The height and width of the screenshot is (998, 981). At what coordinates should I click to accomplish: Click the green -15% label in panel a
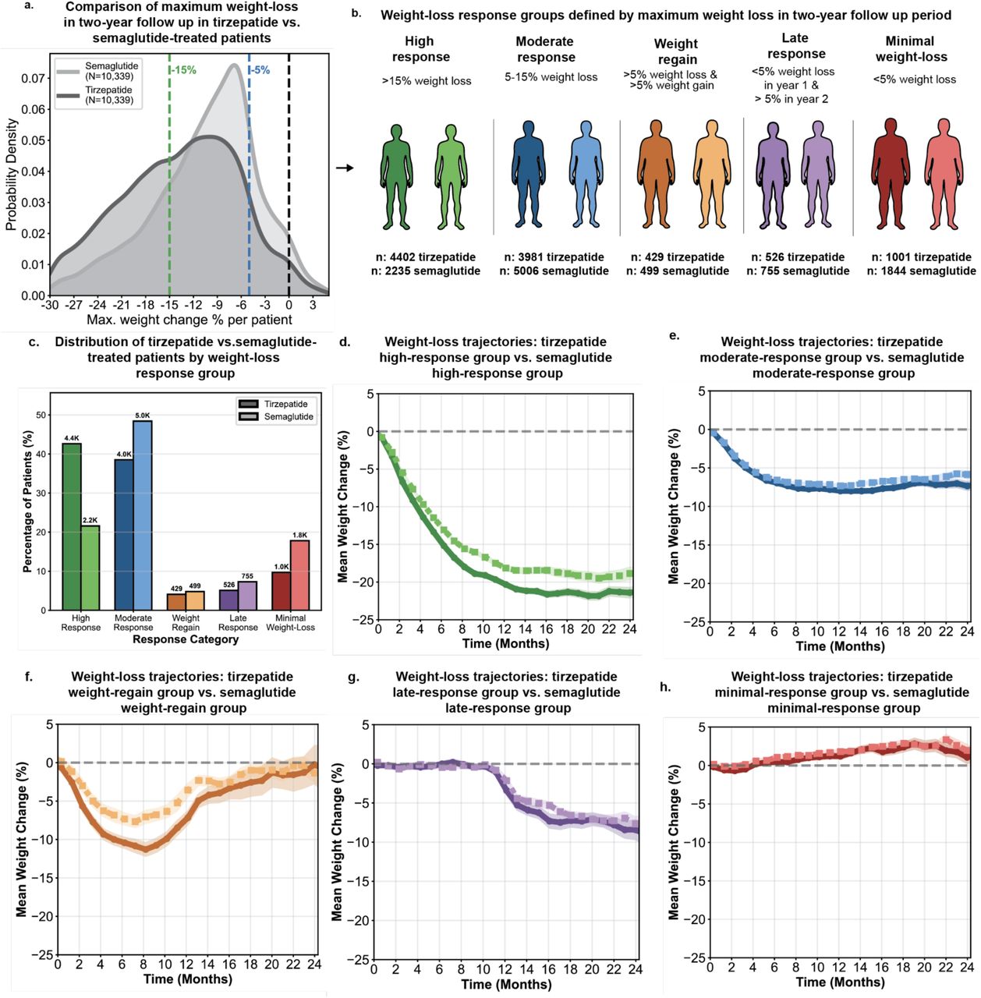184,70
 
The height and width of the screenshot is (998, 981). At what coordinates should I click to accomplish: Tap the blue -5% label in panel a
260,70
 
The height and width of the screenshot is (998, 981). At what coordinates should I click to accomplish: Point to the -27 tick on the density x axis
73,305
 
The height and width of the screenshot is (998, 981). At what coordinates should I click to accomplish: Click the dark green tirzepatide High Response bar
72,527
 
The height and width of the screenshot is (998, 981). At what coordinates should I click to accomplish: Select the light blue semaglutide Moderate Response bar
143,515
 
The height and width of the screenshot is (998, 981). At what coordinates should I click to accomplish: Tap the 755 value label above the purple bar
247,576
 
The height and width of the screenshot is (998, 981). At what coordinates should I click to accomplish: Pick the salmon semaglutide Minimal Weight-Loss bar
300,575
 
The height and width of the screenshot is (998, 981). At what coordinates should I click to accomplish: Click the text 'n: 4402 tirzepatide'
426,257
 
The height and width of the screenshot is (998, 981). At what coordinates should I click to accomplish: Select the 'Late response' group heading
796,46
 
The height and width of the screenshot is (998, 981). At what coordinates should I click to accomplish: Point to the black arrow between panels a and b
345,168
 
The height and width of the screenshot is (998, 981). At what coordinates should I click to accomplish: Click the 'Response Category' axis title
186,639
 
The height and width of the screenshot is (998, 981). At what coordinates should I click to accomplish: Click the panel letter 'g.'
353,678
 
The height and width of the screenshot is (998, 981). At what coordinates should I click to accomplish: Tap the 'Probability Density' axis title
12,174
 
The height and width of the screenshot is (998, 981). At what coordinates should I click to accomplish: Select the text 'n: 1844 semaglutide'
922,271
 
